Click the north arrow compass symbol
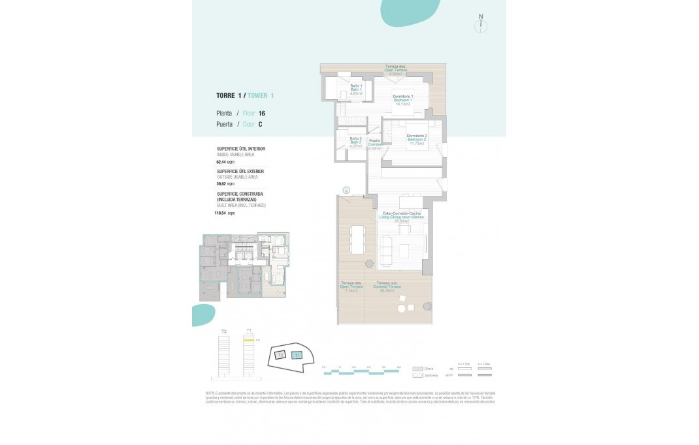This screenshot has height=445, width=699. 481,25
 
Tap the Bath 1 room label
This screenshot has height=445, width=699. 355,90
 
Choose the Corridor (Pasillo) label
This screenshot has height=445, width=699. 374,144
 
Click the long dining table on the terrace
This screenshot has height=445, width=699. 357,239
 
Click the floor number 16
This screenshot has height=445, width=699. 261,113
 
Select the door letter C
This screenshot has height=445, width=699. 260,124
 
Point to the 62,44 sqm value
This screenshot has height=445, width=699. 225,161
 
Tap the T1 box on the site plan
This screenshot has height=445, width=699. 297,355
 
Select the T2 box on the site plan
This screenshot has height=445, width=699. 280,356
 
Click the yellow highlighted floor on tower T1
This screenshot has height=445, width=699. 248,341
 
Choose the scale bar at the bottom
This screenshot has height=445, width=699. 361,371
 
